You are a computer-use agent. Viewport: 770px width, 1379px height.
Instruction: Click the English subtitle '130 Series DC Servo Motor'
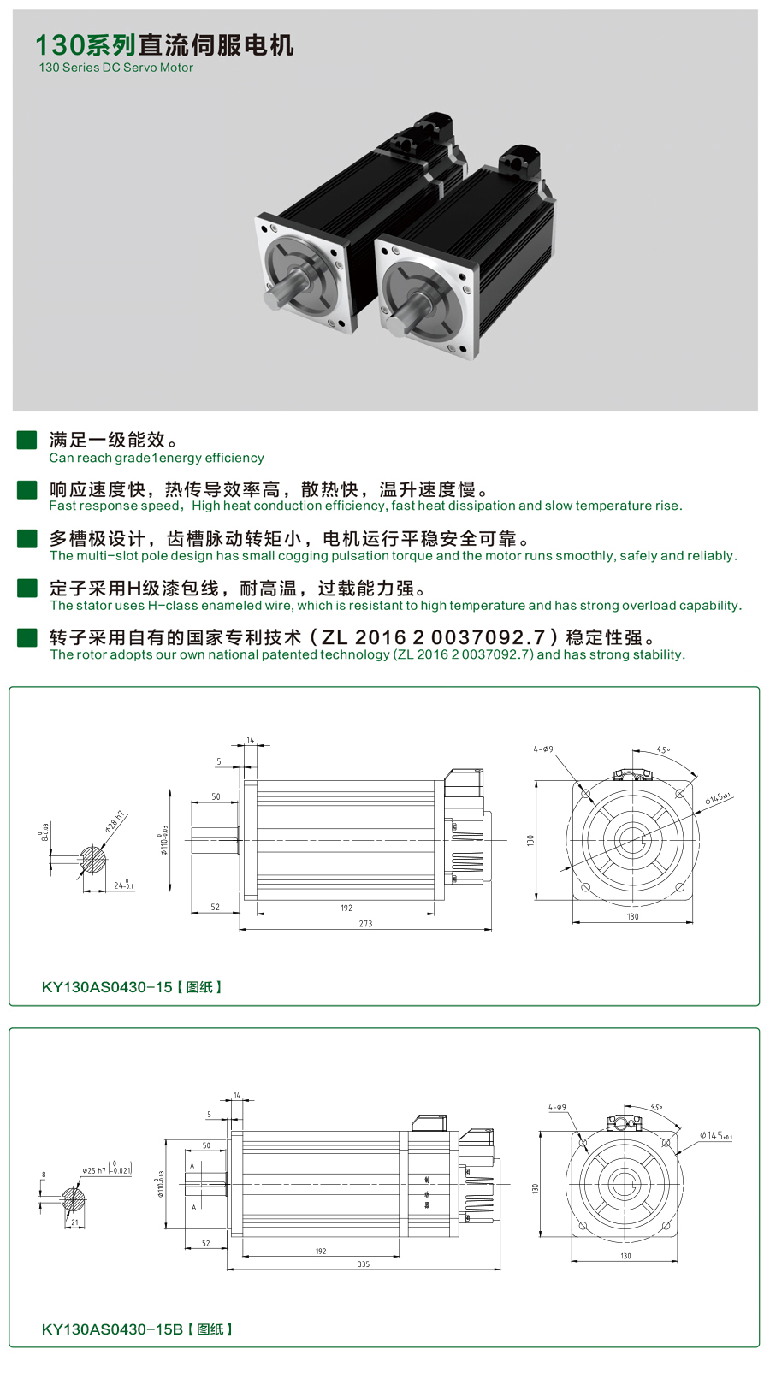click(x=115, y=68)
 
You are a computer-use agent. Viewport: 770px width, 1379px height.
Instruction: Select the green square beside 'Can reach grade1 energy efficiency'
click(x=27, y=440)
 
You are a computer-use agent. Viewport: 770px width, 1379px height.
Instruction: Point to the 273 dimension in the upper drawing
click(x=365, y=924)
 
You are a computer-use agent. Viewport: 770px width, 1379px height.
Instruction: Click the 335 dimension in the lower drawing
click(x=364, y=1264)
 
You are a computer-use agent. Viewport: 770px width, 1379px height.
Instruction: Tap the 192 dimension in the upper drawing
click(x=346, y=908)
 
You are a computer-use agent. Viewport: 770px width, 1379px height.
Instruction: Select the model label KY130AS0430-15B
click(x=112, y=1329)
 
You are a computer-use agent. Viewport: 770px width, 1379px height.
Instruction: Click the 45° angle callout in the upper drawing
click(x=663, y=749)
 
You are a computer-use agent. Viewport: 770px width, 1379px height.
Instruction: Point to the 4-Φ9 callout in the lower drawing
click(x=557, y=1107)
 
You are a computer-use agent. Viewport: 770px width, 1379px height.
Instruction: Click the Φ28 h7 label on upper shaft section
click(x=115, y=820)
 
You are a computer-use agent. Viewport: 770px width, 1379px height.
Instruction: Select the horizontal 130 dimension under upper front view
click(x=632, y=917)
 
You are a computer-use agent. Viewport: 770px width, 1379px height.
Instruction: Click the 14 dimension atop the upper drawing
click(x=251, y=740)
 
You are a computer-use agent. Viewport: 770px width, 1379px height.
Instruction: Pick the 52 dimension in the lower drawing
click(x=205, y=1244)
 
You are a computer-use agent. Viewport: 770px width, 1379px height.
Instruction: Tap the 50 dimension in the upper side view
click(x=216, y=796)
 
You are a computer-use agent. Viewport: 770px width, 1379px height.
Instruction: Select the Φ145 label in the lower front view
click(x=714, y=1136)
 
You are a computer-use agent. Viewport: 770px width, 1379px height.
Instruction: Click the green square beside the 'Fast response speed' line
click(x=27, y=489)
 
